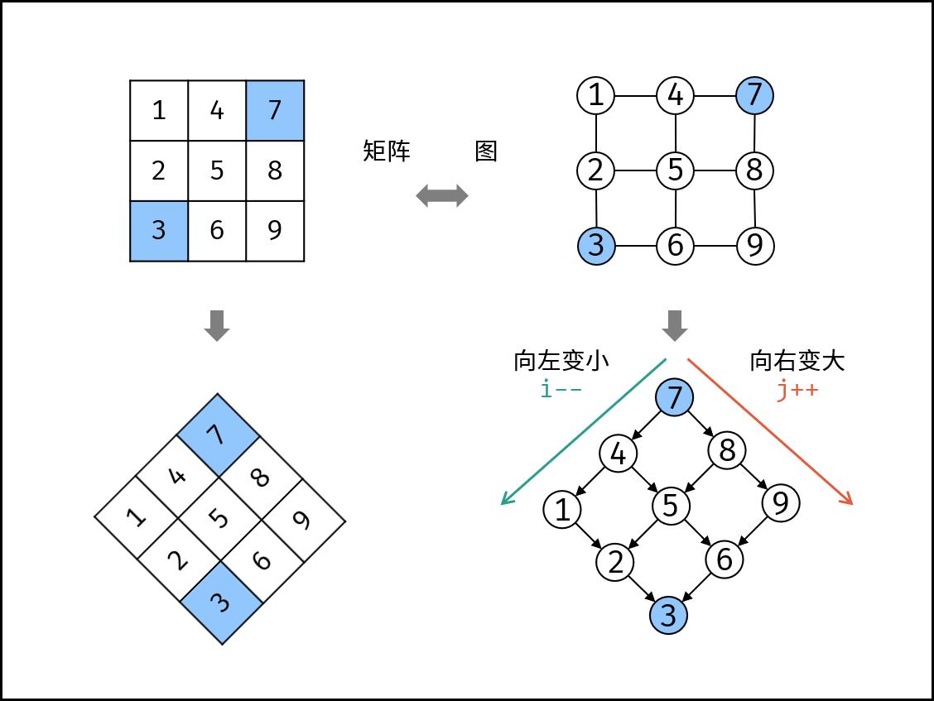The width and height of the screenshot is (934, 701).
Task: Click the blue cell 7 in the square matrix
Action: click(x=275, y=110)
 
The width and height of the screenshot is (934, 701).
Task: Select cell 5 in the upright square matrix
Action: click(x=217, y=170)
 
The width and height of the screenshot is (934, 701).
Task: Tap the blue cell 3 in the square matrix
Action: click(x=159, y=231)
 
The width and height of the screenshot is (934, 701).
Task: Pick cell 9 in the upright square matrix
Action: click(x=275, y=231)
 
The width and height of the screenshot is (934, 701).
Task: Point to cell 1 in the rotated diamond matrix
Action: click(x=137, y=518)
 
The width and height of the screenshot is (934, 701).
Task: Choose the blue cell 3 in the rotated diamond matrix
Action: click(x=220, y=602)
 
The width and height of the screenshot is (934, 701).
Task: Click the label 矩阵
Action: click(x=387, y=151)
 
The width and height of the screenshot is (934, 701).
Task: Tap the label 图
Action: click(x=486, y=151)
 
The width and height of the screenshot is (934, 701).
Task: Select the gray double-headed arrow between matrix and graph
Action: click(x=441, y=196)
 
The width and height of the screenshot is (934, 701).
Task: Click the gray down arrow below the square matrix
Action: click(x=217, y=325)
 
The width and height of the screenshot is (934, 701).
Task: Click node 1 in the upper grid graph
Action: click(x=595, y=95)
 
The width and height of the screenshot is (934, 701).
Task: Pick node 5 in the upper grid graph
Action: click(x=676, y=170)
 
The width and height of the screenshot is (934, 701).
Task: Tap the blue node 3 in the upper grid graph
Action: click(x=595, y=246)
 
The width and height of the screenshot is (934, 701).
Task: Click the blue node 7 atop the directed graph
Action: click(x=675, y=398)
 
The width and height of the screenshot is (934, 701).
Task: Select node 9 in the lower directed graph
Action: click(x=780, y=503)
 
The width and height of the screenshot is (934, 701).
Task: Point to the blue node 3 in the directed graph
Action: click(x=668, y=615)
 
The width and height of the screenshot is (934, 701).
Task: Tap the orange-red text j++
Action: click(x=797, y=389)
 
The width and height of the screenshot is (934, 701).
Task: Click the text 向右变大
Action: click(x=797, y=361)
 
